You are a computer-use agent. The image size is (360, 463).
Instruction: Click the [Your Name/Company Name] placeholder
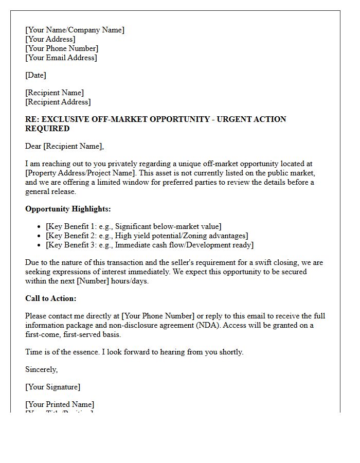[x=75, y=30]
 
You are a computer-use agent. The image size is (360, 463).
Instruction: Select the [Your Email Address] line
[x=61, y=58]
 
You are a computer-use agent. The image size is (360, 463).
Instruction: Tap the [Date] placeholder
[x=35, y=75]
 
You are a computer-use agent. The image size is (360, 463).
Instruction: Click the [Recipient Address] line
[x=58, y=102]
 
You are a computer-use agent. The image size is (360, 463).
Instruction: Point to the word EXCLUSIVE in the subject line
[x=65, y=119]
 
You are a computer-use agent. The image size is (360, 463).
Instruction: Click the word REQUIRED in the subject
[x=47, y=129]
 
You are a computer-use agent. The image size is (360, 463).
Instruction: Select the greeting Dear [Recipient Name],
[x=64, y=146]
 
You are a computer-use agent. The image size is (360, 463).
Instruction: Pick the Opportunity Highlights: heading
[x=68, y=209]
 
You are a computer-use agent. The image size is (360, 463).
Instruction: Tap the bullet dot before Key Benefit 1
[x=40, y=227]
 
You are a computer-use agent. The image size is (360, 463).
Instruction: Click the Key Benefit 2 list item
[x=147, y=236]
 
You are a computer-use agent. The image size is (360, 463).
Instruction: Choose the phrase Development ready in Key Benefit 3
[x=222, y=245]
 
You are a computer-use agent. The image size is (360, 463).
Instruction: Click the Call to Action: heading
[x=50, y=298]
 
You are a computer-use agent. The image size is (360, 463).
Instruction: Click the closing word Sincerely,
[x=41, y=369]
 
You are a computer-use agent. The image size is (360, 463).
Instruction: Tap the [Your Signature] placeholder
[x=52, y=387]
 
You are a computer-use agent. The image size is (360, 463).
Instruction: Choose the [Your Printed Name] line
[x=60, y=404]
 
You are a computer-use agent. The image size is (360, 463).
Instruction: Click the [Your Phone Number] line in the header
[x=62, y=48]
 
